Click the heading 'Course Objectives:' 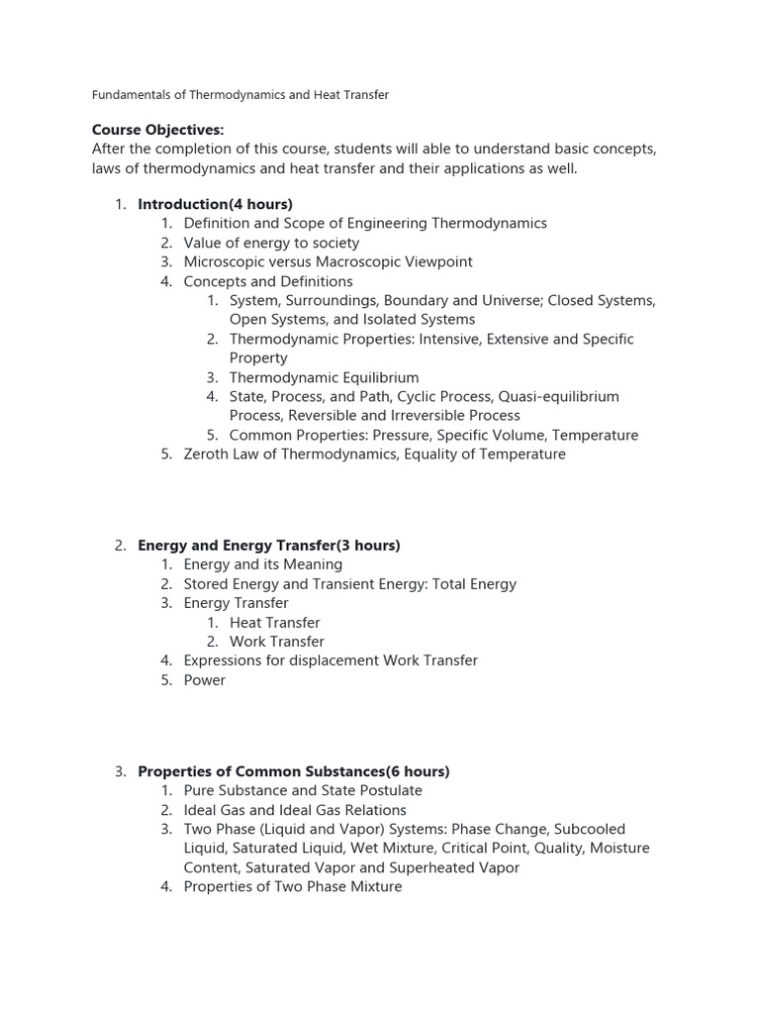point(157,130)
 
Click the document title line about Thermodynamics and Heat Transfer point(240,95)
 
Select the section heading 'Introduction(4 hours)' point(215,204)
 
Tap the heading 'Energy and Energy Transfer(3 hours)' point(268,546)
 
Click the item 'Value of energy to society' point(271,243)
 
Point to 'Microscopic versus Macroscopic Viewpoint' point(328,261)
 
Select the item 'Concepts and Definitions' point(267,281)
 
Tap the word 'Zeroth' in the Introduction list point(207,455)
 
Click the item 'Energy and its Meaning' point(262,564)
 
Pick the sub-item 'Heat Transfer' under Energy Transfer point(274,623)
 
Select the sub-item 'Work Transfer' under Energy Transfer point(276,642)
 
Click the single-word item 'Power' point(204,680)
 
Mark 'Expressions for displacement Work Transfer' point(331,660)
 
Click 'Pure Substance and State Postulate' point(303,791)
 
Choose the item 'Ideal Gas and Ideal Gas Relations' point(295,810)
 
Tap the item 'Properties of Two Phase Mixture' point(293,887)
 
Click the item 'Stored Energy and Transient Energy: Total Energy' point(349,584)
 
